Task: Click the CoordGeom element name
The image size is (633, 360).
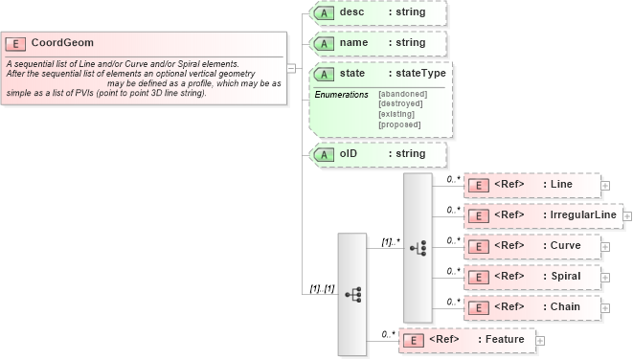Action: click(x=62, y=43)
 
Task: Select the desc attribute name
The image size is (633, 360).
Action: click(x=354, y=12)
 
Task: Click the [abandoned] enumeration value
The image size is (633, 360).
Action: click(x=402, y=93)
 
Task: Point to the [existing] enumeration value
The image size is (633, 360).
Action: click(x=396, y=114)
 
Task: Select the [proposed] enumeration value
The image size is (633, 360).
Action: click(x=399, y=124)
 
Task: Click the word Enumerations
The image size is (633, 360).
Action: click(x=341, y=94)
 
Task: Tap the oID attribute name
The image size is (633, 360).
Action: click(x=350, y=153)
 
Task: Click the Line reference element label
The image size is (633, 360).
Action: click(x=561, y=184)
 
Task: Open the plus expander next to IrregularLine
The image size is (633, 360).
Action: click(x=627, y=215)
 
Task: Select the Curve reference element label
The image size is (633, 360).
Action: click(x=566, y=245)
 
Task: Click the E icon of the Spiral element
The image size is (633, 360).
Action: click(x=479, y=277)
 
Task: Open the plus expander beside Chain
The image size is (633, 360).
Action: click(x=605, y=307)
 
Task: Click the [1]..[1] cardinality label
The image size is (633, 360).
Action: click(x=321, y=289)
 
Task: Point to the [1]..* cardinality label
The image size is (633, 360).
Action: click(x=390, y=242)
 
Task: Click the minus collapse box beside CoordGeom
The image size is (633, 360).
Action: click(x=290, y=68)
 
